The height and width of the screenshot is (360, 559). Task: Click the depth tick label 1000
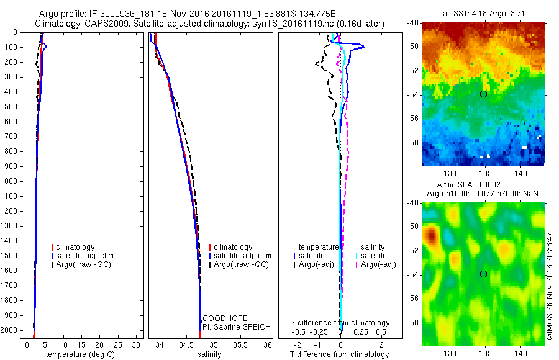[10, 181]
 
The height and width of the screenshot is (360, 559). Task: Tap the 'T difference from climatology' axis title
[339, 354]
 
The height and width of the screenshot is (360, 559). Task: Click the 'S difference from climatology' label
[340, 323]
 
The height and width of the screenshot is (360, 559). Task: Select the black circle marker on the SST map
[483, 94]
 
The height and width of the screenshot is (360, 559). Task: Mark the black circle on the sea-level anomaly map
[483, 274]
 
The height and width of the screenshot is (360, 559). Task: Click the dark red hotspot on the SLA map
[430, 236]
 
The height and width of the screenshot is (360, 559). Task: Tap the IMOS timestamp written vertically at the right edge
[550, 282]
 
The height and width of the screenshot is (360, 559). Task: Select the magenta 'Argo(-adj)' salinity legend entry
[378, 265]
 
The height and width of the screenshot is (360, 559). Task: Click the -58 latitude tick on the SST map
[412, 142]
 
